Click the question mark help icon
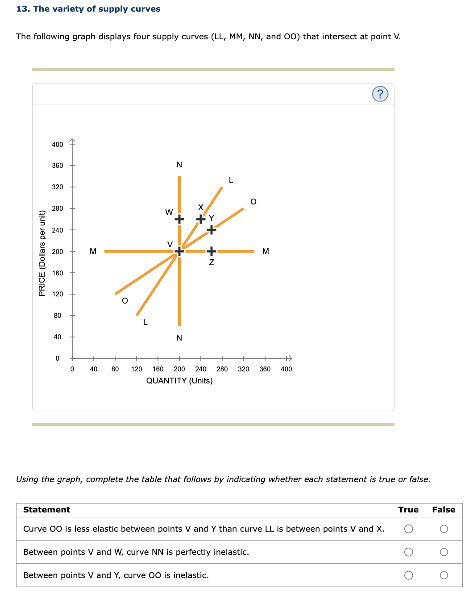point(380,94)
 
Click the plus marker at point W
point(179,219)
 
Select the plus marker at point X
point(201,219)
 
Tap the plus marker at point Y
point(212,230)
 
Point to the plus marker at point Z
point(212,251)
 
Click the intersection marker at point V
point(179,251)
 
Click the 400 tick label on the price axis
point(58,144)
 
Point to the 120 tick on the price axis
point(58,294)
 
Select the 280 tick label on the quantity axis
point(222,369)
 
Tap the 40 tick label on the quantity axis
point(94,369)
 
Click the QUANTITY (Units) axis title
point(179,381)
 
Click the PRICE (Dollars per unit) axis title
point(42,253)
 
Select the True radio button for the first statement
point(408,529)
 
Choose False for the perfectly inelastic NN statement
point(444,552)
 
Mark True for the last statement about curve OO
point(408,575)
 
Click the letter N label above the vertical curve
point(179,165)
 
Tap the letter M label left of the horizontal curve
point(93,251)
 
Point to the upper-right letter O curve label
point(253,202)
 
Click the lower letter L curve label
point(145,322)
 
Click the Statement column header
point(47,510)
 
